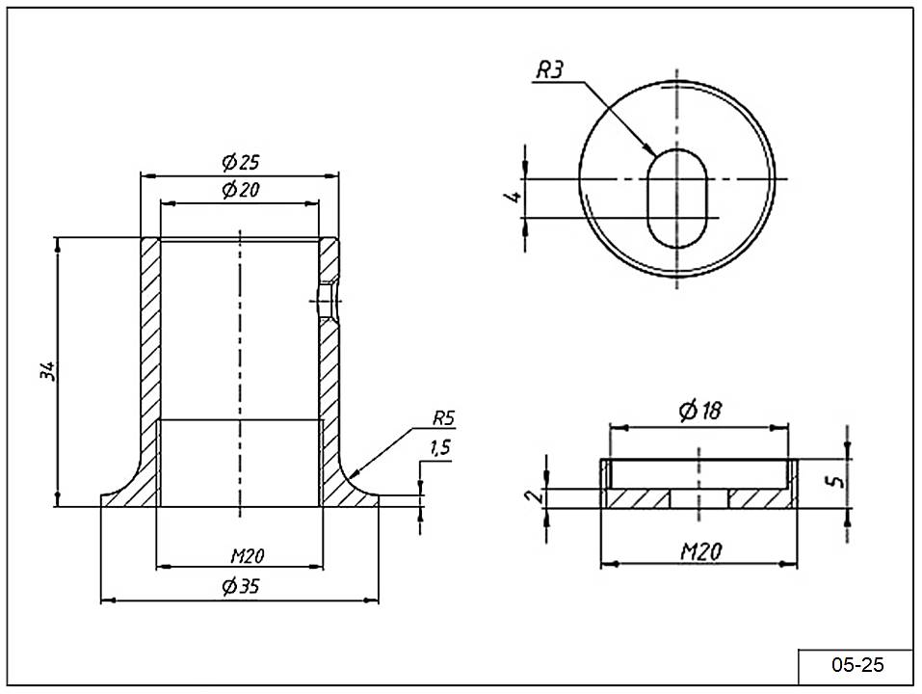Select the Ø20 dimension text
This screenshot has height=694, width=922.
tap(241, 190)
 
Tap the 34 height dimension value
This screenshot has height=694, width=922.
tap(50, 371)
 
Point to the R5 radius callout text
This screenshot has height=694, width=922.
tap(443, 418)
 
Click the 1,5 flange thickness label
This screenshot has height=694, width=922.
tap(439, 447)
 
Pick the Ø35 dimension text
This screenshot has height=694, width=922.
tap(241, 585)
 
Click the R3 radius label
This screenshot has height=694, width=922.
tap(550, 69)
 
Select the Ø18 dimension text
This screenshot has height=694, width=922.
tap(699, 411)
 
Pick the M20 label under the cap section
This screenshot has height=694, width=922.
tap(701, 551)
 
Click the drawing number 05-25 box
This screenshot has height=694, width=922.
tap(856, 665)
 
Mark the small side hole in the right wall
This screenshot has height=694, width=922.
tap(329, 301)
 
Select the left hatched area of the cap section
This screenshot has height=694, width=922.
tap(637, 497)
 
